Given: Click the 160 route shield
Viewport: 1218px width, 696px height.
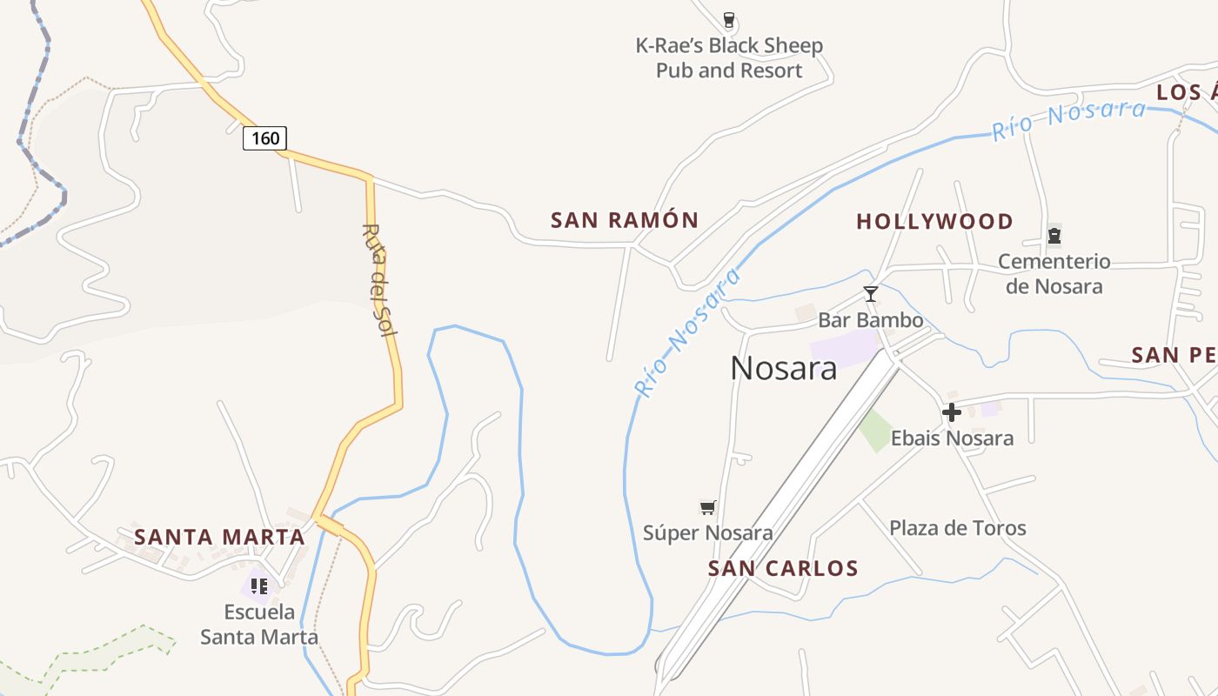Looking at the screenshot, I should pyautogui.click(x=264, y=137).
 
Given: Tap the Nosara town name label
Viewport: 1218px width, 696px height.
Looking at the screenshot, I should pyautogui.click(x=783, y=368).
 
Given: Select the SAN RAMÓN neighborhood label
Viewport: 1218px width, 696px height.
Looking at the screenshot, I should pyautogui.click(x=625, y=220).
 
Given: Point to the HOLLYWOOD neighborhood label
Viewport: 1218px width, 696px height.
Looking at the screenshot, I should pyautogui.click(x=934, y=222).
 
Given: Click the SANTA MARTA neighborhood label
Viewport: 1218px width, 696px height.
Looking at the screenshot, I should pyautogui.click(x=219, y=537).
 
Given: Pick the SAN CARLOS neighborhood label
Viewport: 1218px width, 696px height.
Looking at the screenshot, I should pyautogui.click(x=783, y=569).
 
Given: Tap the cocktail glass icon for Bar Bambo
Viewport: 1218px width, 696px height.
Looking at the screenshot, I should pyautogui.click(x=870, y=294).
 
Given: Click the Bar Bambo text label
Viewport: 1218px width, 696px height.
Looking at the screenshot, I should pyautogui.click(x=870, y=320).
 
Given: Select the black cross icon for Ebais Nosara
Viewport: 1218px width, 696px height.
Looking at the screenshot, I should pyautogui.click(x=952, y=412).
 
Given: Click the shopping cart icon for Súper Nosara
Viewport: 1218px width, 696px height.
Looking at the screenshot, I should pyautogui.click(x=708, y=507).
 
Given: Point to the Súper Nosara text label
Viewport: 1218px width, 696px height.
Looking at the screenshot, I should pyautogui.click(x=707, y=532).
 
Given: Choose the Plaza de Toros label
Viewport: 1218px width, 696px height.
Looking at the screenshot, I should pyautogui.click(x=957, y=528).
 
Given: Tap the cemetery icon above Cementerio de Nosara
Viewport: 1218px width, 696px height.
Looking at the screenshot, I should pyautogui.click(x=1054, y=235).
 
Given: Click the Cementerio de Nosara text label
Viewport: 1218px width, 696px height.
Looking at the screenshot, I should pyautogui.click(x=1054, y=273).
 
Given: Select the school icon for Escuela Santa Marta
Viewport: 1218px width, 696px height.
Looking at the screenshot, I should pyautogui.click(x=258, y=586).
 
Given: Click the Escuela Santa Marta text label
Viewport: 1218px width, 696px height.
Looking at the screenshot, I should pyautogui.click(x=259, y=624).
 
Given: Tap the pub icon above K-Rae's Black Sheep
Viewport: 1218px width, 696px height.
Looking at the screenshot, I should pyautogui.click(x=729, y=19).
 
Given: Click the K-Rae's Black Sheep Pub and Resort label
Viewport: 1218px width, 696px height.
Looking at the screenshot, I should pyautogui.click(x=729, y=57).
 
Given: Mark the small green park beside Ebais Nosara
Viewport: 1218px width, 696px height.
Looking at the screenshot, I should pyautogui.click(x=875, y=430).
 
